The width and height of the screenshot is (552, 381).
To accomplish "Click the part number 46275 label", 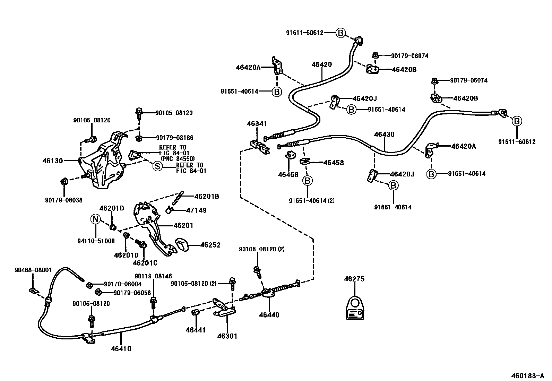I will (354, 279).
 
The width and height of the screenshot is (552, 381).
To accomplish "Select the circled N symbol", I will (96, 219).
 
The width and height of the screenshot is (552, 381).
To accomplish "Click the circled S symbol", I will (157, 166).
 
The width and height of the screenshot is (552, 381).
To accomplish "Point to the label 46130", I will (53, 161).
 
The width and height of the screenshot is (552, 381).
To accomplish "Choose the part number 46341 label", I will (257, 123).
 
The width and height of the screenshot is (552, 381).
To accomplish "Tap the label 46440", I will (269, 315).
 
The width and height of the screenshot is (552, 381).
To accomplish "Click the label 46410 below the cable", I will (121, 349).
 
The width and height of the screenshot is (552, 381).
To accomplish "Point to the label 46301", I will (227, 336).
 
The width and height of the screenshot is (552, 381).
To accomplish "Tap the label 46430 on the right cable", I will (384, 135).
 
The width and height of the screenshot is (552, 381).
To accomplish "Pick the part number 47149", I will (196, 210).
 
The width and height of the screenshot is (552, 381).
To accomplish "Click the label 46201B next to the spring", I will (207, 196).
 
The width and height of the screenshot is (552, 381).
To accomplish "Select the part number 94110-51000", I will (95, 241).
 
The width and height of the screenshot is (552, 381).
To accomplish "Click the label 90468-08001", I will (33, 270).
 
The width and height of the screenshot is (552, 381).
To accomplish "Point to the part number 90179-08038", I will (64, 200).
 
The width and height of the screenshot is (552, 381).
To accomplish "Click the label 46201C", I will (145, 263).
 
